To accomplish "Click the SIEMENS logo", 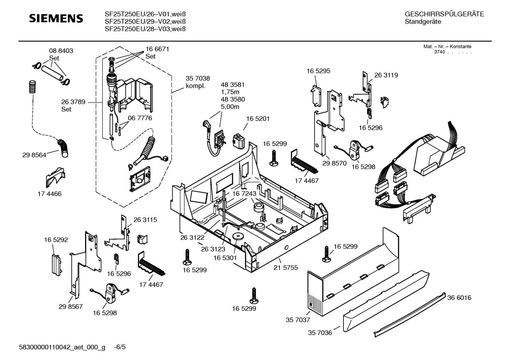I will click(x=56, y=18).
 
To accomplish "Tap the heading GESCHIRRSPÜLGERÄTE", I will click(x=444, y=14).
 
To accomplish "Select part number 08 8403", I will click(x=61, y=51).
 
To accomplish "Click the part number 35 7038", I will click(x=198, y=79).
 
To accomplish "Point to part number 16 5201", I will click(x=258, y=119).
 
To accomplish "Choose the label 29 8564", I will click(x=34, y=155).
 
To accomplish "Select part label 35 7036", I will click(x=320, y=333).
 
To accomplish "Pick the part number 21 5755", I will click(x=286, y=267).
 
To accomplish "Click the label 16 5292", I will click(x=56, y=240).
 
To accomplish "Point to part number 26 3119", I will click(x=386, y=75).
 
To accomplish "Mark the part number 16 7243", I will click(x=244, y=194).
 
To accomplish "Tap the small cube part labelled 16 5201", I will click(x=240, y=141).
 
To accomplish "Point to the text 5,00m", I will click(x=230, y=107).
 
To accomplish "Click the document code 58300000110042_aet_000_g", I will click(x=62, y=347).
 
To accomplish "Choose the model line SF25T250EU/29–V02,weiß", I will click(x=145, y=22).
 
